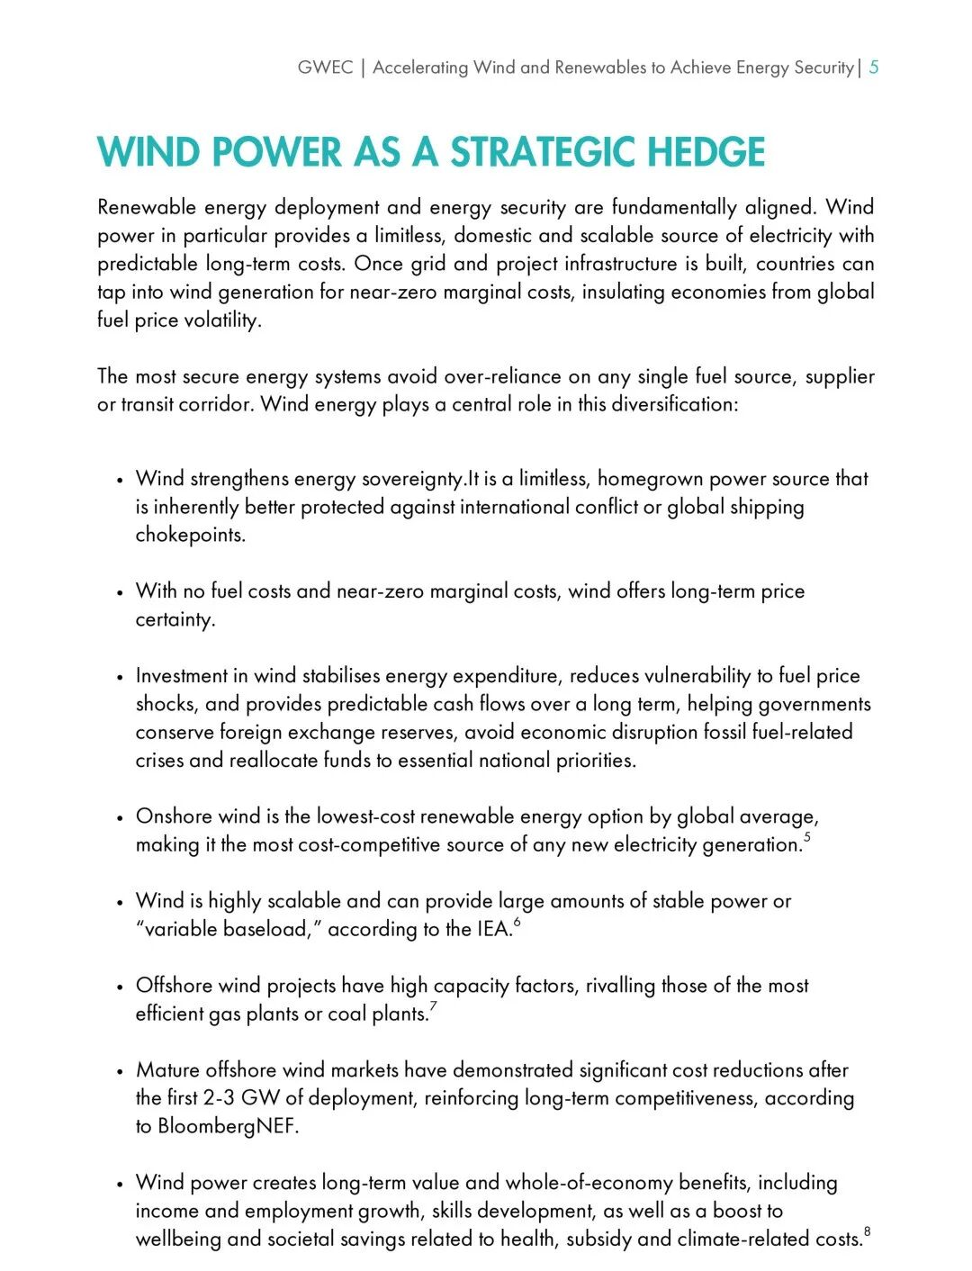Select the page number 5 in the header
(874, 68)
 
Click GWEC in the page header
(325, 68)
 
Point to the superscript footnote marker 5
(807, 838)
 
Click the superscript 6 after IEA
(517, 923)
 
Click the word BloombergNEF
(227, 1126)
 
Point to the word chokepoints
(190, 535)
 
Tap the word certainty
(175, 619)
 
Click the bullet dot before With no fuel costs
(119, 593)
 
